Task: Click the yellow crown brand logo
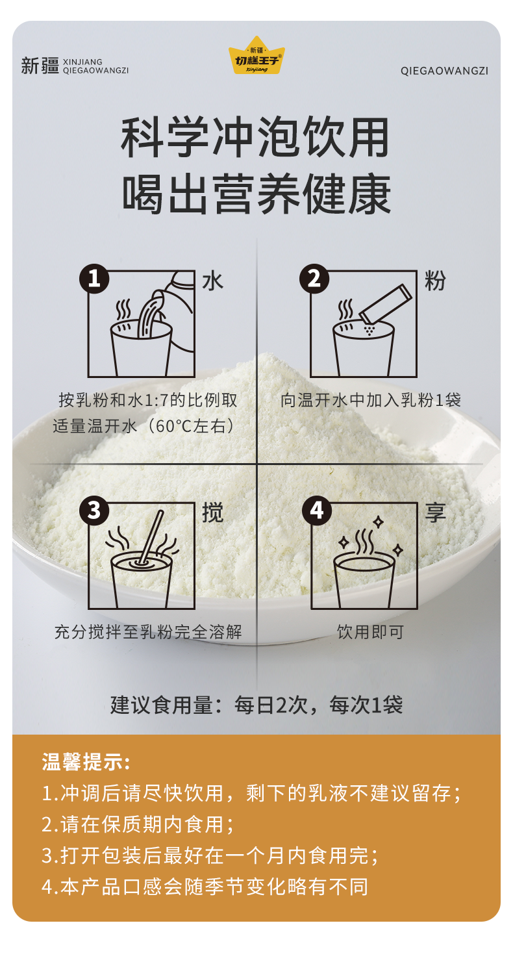tap(256, 55)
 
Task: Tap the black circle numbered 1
tap(94, 279)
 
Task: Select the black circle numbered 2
tap(314, 279)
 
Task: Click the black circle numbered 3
tap(94, 511)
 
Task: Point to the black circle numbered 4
tap(317, 511)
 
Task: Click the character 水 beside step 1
tap(212, 281)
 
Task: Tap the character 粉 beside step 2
tap(435, 281)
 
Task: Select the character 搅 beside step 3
tap(212, 512)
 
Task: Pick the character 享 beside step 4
tap(435, 512)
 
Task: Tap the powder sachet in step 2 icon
tap(385, 304)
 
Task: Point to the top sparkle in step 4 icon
tap(378, 522)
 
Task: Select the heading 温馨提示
tap(86, 763)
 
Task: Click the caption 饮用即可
tap(370, 632)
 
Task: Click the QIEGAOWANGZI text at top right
tap(444, 71)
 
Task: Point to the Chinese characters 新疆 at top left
tap(40, 66)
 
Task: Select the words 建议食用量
tap(161, 705)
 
